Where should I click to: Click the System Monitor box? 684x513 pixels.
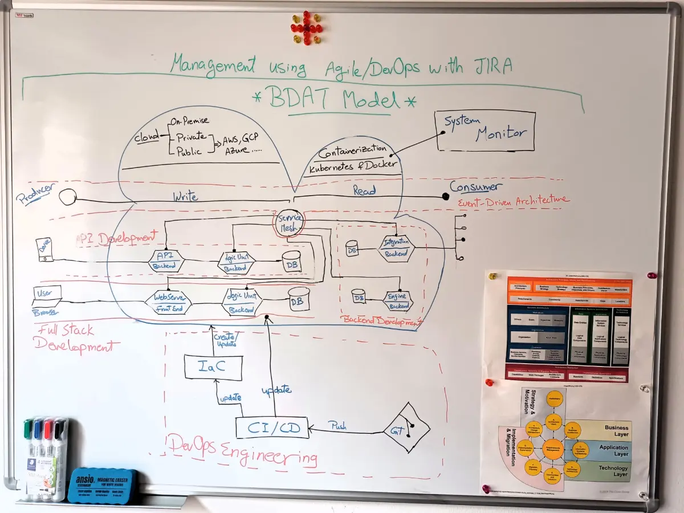click(486, 131)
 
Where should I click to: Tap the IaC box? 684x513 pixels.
click(213, 367)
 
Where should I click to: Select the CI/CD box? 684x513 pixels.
click(272, 427)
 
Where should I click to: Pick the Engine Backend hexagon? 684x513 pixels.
click(397, 300)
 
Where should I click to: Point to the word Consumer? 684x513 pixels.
click(476, 186)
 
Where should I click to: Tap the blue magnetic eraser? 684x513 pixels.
click(103, 485)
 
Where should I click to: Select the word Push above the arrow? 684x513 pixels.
click(337, 426)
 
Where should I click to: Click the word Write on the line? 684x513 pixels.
click(185, 197)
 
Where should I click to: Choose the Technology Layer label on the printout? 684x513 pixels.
click(613, 471)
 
